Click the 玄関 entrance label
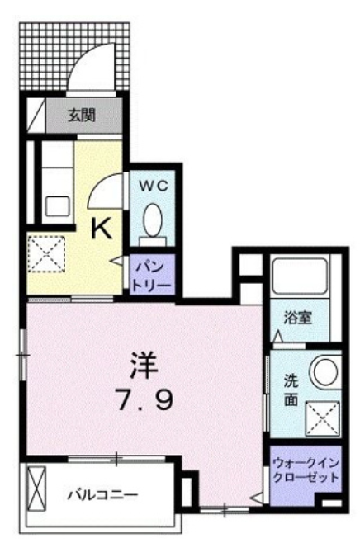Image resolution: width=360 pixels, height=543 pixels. tap(82, 115)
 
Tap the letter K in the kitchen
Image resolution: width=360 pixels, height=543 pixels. tap(102, 229)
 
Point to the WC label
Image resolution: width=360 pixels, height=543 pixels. tap(154, 186)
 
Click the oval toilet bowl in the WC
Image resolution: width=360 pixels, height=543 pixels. tap(153, 220)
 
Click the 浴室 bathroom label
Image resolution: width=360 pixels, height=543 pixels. tap(298, 318)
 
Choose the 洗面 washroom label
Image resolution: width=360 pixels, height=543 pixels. tap(291, 390)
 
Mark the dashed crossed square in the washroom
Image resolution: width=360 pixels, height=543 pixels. tap(322, 418)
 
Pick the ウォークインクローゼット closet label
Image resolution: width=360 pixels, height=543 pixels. tap(306, 470)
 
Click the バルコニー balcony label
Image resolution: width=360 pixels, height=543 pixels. tap(102, 495)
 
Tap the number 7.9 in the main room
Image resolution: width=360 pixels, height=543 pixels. tap(144, 400)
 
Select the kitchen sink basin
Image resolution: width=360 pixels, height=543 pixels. tap(57, 207)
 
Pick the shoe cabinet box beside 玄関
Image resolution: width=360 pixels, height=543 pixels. tap(36, 116)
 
